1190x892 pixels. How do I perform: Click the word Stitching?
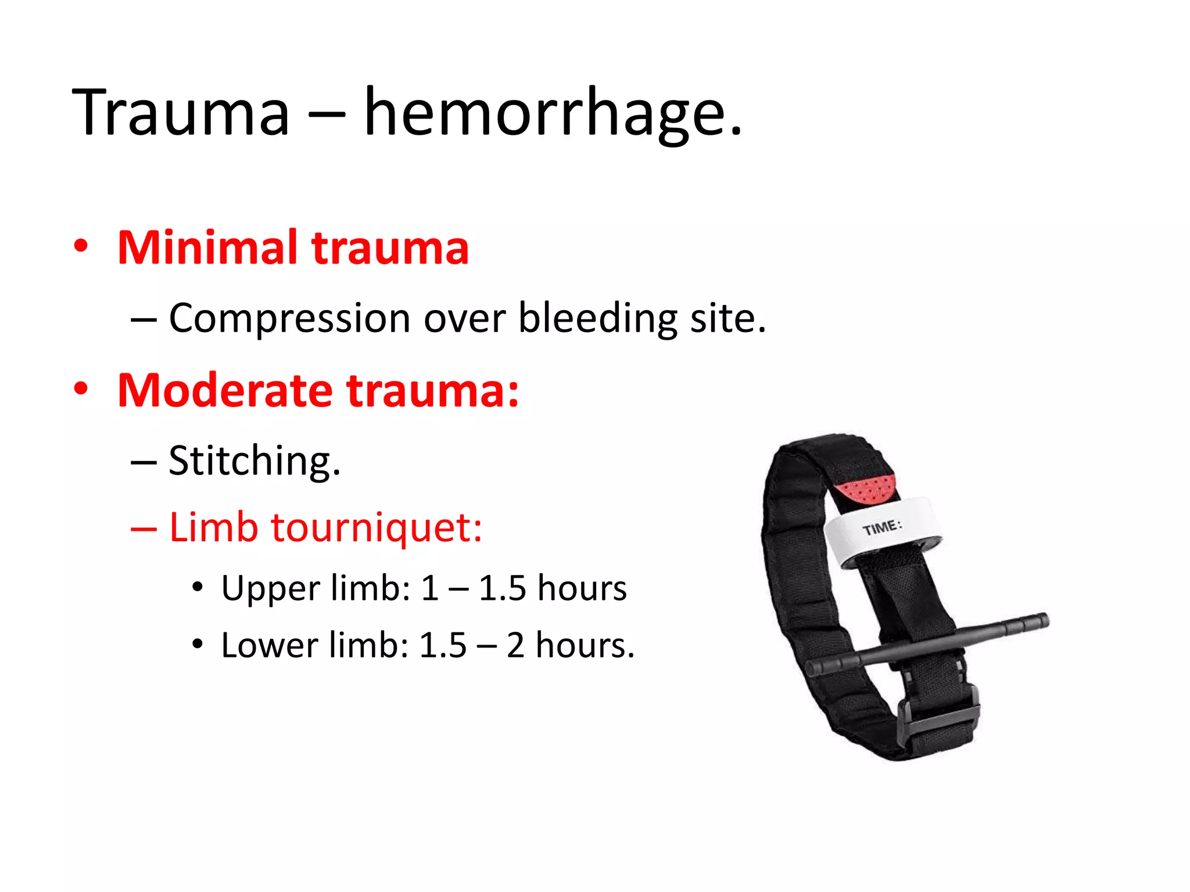(253, 461)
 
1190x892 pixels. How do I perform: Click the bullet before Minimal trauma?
(81, 246)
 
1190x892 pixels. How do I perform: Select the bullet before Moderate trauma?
(81, 389)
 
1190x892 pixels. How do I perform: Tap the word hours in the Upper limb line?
(582, 588)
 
